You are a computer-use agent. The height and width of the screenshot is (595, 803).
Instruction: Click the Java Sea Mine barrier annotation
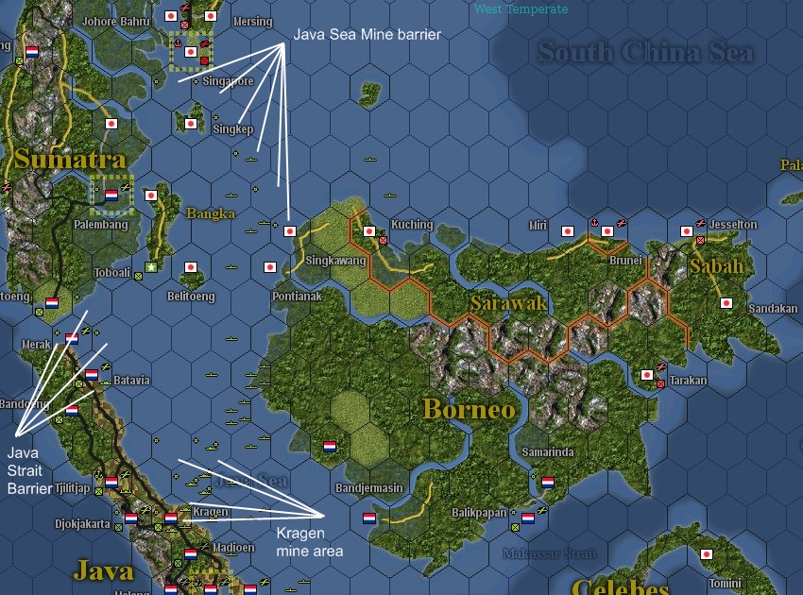pyautogui.click(x=367, y=34)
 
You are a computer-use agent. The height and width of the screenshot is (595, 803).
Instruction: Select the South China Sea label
pyautogui.click(x=646, y=52)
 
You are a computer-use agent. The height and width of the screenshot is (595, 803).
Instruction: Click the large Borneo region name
pyautogui.click(x=470, y=409)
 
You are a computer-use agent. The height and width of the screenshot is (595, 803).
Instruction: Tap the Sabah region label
pyautogui.click(x=717, y=267)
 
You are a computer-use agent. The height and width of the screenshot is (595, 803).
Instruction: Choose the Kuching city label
pyautogui.click(x=412, y=225)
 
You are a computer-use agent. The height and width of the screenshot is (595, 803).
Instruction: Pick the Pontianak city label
pyautogui.click(x=297, y=296)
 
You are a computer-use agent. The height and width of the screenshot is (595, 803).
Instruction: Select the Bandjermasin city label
pyautogui.click(x=369, y=488)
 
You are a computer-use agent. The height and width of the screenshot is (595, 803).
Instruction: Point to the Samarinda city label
pyautogui.click(x=548, y=452)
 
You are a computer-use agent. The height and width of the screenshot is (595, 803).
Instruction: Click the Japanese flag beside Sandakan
pyautogui.click(x=726, y=303)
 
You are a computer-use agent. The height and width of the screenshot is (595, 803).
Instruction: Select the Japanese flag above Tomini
pyautogui.click(x=705, y=554)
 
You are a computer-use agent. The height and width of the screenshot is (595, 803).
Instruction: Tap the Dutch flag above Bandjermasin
pyautogui.click(x=330, y=446)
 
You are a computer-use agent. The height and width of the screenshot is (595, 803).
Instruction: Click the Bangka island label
pyautogui.click(x=211, y=213)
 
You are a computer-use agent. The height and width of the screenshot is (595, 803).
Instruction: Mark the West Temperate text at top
pyautogui.click(x=521, y=9)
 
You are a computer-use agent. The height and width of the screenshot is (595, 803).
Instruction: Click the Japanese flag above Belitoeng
pyautogui.click(x=191, y=268)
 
